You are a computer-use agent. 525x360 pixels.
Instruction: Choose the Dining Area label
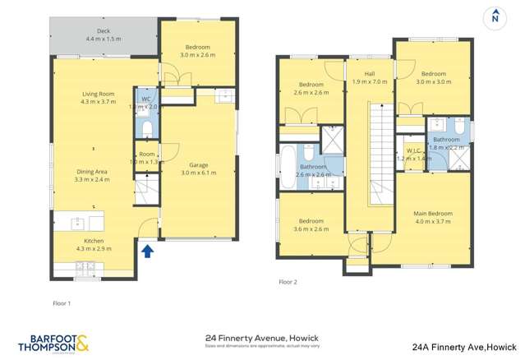coord(92,175)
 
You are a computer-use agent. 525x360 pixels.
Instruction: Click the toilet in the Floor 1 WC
coord(146,129)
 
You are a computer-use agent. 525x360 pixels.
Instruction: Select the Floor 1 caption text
coord(62,303)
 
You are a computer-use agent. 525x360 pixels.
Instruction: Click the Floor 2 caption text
coord(288,282)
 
